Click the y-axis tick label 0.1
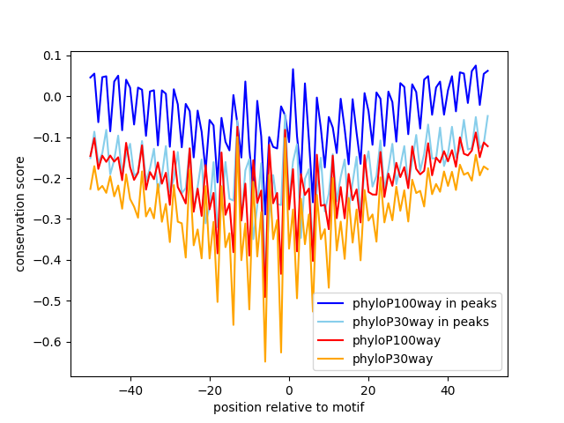pyautogui.click(x=53, y=56)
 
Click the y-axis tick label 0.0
pyautogui.click(x=53, y=96)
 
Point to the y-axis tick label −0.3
pyautogui.click(x=49, y=219)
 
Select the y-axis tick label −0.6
pyautogui.click(x=49, y=341)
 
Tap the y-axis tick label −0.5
pyautogui.click(x=49, y=301)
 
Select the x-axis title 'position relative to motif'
pyautogui.click(x=288, y=407)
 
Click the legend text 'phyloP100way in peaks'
pyautogui.click(x=424, y=303)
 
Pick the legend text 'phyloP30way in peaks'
pyautogui.click(x=420, y=321)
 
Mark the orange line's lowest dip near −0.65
pyautogui.click(x=264, y=361)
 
